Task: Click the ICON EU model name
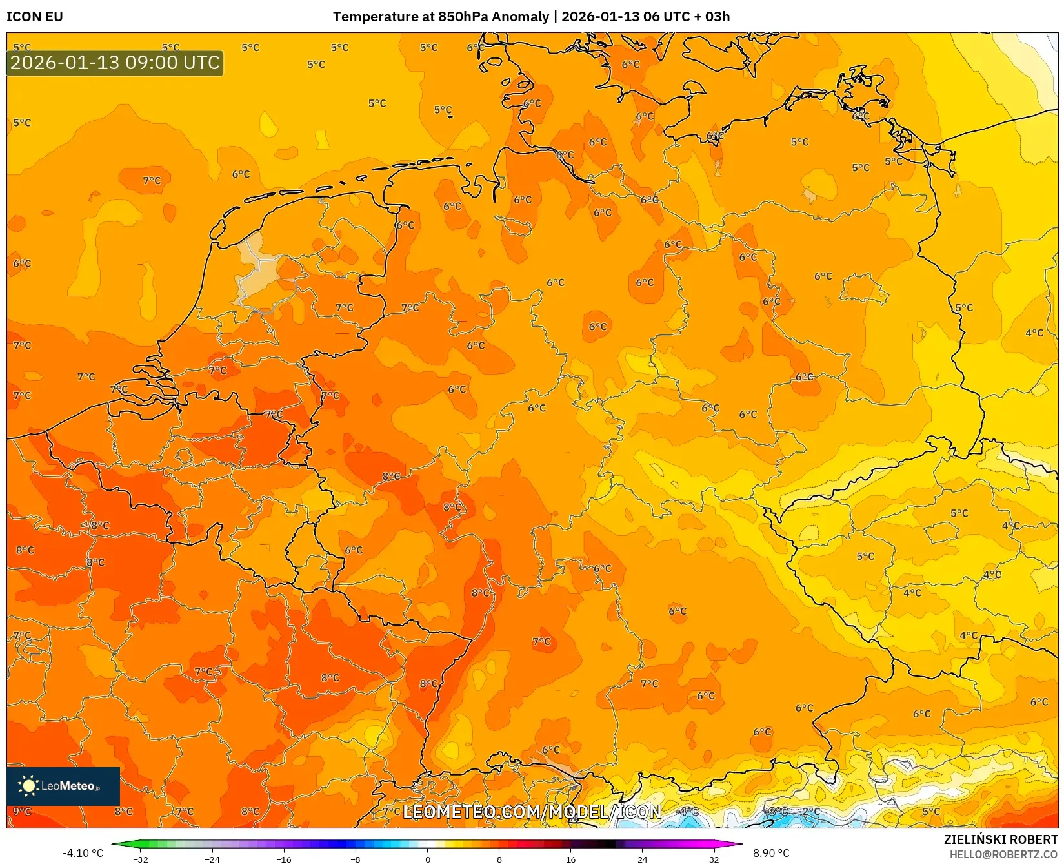[35, 17]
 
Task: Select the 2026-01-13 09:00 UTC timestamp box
[115, 63]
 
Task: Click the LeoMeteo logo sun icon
[28, 785]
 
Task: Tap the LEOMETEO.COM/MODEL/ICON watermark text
[532, 812]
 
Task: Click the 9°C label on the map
[22, 811]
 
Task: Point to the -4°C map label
[687, 811]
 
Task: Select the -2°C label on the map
[810, 811]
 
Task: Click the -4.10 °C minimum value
[83, 853]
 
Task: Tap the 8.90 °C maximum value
[771, 853]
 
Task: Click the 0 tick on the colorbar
[427, 859]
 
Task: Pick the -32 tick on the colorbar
[141, 859]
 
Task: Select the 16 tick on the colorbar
[570, 859]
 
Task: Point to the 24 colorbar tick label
[642, 859]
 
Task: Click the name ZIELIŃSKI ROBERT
[1001, 839]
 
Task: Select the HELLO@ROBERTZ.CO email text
[1003, 854]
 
